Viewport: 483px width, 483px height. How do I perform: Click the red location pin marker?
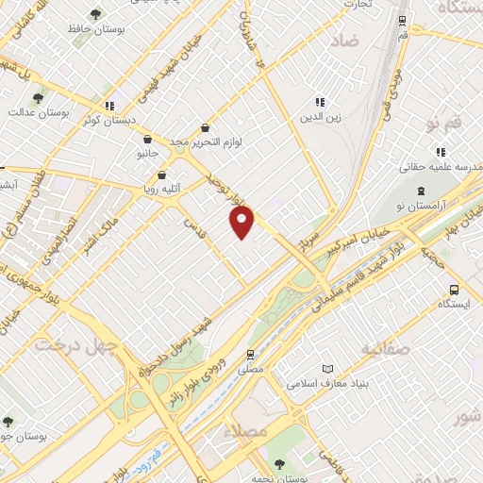click(242, 222)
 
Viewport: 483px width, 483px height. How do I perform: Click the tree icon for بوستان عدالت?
click(38, 98)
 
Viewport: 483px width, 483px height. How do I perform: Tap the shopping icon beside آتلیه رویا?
click(163, 175)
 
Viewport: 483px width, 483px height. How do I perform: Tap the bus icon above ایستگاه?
click(455, 290)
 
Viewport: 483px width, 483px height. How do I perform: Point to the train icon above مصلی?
click(250, 355)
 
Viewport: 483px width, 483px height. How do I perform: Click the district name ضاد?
click(346, 42)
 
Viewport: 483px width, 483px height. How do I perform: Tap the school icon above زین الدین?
click(320, 101)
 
